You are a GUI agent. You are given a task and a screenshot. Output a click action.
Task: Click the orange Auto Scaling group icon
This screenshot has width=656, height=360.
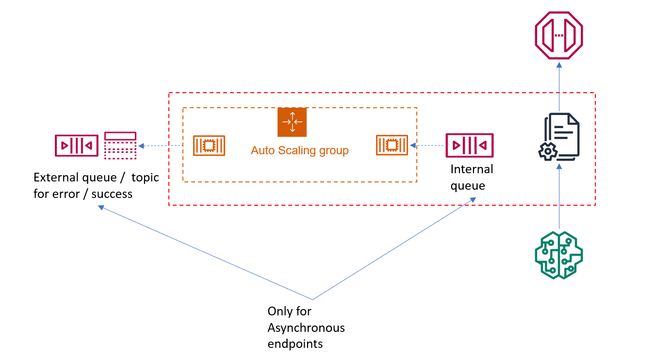point(292,122)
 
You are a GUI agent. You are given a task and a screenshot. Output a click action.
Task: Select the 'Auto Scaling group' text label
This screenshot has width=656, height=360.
point(299,150)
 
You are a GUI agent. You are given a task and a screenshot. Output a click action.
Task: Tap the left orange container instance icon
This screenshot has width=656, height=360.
point(209,145)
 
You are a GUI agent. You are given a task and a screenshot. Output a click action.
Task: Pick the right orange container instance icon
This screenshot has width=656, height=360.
point(392,145)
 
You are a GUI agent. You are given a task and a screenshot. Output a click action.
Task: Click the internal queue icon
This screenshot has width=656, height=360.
point(469,145)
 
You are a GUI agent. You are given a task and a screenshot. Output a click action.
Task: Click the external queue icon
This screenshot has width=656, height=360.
point(77,145)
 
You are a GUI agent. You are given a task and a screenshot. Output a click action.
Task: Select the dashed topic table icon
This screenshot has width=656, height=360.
point(120,145)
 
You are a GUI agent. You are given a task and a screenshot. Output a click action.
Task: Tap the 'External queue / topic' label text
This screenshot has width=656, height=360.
point(96,178)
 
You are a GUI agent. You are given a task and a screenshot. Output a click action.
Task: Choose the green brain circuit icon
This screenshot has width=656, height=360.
point(559,255)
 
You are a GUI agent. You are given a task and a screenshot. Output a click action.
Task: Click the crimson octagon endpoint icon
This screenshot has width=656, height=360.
point(559,35)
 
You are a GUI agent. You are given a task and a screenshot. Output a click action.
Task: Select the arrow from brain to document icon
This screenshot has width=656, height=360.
point(559,196)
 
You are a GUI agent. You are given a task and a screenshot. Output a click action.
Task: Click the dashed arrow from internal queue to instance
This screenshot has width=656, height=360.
point(427,145)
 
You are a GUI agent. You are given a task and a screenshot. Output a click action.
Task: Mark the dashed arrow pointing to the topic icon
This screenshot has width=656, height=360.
point(160,146)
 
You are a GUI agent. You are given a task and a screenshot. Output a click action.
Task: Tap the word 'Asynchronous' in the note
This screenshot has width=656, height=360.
point(306,327)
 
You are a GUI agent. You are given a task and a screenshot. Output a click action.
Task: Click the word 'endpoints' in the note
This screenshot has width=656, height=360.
point(295,344)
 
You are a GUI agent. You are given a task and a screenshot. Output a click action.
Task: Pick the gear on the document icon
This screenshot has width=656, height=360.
point(548,151)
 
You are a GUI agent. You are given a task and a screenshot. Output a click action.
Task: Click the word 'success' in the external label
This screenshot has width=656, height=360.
point(112,194)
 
